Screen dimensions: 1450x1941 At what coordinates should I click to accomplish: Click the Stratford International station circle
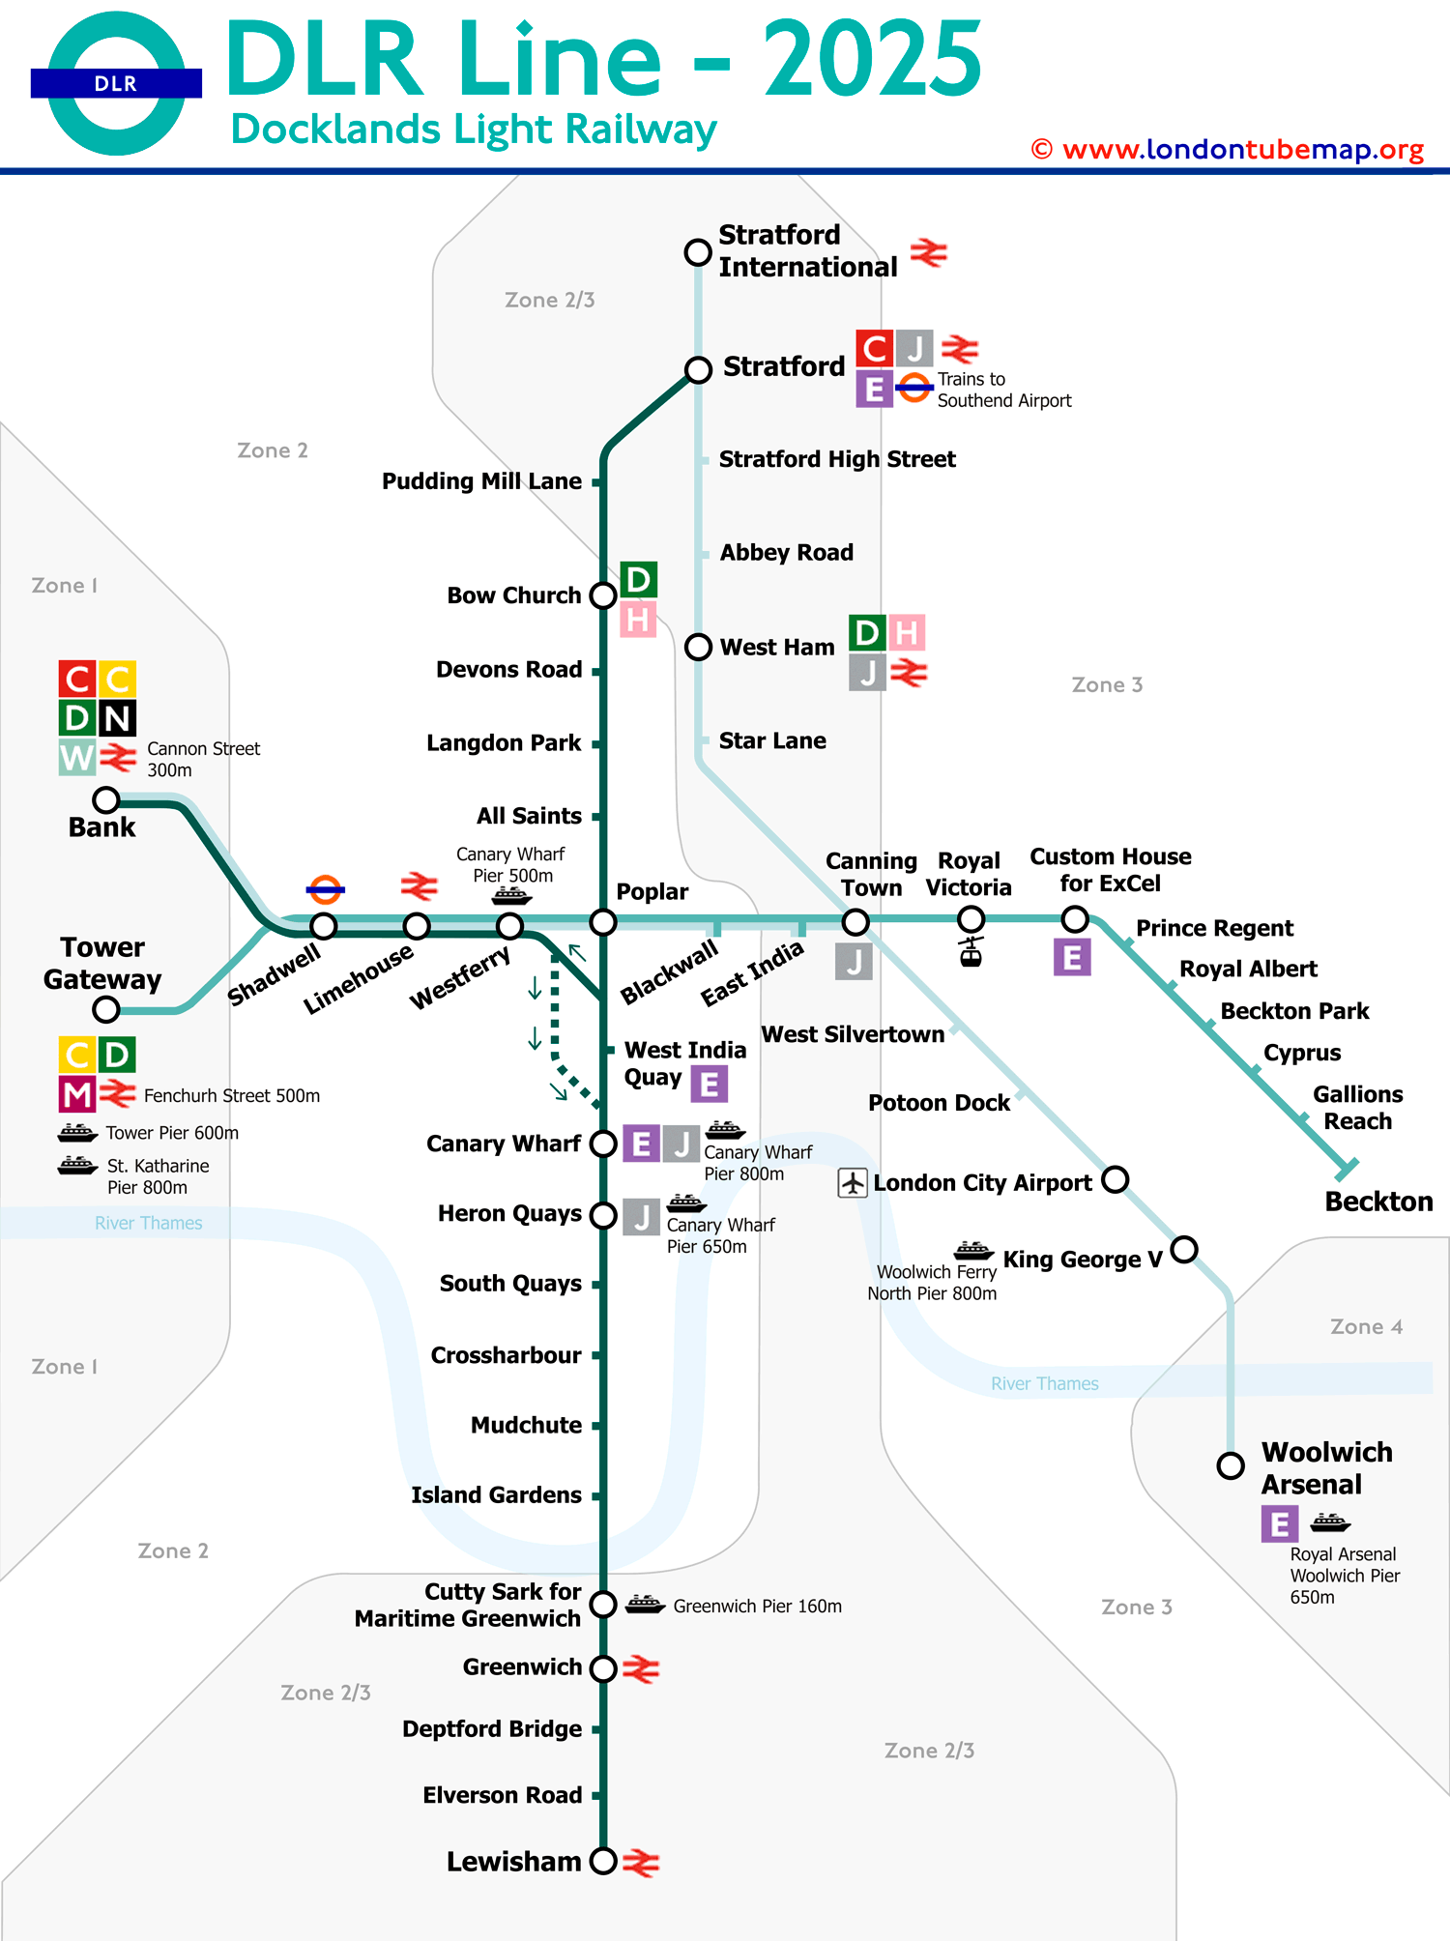point(698,252)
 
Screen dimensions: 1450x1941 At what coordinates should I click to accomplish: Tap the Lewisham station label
point(513,1862)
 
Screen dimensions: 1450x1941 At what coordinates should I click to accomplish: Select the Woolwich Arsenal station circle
point(1231,1465)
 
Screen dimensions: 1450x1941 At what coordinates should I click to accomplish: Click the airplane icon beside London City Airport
point(853,1182)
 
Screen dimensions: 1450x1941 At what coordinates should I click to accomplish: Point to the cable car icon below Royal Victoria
point(971,951)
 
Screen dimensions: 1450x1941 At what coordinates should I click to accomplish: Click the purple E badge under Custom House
point(1072,957)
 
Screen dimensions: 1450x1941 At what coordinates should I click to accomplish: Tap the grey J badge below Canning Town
point(854,961)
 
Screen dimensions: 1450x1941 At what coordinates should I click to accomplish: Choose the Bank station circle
point(106,800)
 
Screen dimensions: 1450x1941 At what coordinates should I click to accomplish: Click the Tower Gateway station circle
point(106,1009)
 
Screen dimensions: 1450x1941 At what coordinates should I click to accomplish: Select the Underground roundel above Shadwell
point(325,889)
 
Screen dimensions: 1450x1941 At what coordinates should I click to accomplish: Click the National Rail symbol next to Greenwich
point(641,1668)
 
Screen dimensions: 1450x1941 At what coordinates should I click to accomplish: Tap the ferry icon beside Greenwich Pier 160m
point(645,1605)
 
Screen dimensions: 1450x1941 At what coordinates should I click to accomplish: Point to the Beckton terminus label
point(1378,1202)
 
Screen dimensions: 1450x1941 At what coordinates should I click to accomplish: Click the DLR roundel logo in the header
point(116,83)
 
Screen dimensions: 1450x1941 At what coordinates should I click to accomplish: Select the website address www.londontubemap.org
point(1242,150)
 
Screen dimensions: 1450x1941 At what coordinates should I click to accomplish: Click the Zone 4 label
point(1366,1326)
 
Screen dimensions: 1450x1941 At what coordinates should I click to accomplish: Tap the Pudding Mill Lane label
point(481,481)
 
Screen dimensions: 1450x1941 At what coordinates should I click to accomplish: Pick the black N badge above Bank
point(117,718)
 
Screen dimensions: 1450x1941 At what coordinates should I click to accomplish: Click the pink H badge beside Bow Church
point(638,619)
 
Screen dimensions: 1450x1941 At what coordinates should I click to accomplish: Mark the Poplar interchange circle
point(603,922)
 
